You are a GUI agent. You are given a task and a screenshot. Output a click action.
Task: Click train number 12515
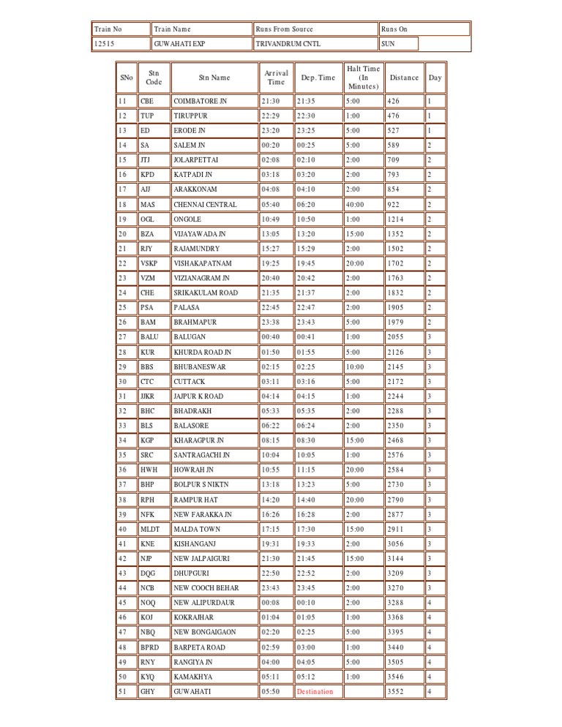point(105,44)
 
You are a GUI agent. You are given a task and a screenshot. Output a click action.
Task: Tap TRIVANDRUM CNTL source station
point(288,44)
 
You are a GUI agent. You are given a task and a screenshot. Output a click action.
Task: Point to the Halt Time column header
point(363,78)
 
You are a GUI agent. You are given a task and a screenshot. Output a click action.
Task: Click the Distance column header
point(404,78)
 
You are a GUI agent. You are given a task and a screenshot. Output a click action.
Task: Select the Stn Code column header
point(154,78)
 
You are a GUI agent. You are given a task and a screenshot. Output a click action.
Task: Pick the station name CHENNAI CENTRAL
point(205,205)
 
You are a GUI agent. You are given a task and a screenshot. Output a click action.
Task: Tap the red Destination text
point(315,691)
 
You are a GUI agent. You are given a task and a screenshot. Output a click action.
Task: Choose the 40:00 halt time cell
point(356,205)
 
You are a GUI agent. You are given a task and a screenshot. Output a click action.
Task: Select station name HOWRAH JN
point(193,470)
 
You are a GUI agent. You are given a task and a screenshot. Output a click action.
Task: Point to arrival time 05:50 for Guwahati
point(271,691)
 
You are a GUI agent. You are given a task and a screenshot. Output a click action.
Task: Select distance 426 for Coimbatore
point(394,101)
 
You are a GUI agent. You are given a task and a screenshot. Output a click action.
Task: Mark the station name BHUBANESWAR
point(200,366)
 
